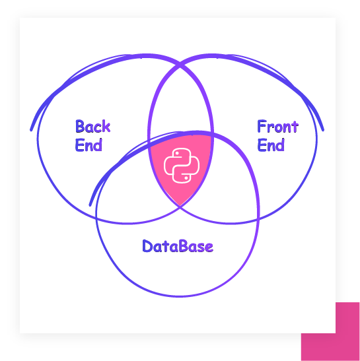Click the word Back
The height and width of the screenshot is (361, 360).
[93, 126]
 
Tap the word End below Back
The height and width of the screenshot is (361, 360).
[89, 145]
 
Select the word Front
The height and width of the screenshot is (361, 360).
[277, 126]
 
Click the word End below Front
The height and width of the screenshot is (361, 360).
[271, 145]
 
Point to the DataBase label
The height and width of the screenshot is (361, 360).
[178, 246]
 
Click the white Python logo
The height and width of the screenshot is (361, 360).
[182, 166]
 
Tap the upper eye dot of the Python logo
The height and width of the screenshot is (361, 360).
[177, 153]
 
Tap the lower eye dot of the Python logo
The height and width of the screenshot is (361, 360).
[186, 178]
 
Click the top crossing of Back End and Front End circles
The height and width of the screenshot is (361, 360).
[180, 66]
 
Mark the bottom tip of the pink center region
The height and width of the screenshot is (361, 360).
[180, 205]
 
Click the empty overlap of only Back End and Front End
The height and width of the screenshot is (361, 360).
[180, 104]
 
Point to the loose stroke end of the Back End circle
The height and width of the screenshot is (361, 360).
[31, 130]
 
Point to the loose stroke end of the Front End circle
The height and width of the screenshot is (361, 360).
[323, 130]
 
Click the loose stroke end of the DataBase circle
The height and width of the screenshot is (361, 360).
[90, 205]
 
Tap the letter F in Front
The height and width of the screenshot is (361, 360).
[262, 126]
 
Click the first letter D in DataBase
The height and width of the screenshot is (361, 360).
[147, 246]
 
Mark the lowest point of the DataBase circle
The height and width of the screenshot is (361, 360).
[178, 296]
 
